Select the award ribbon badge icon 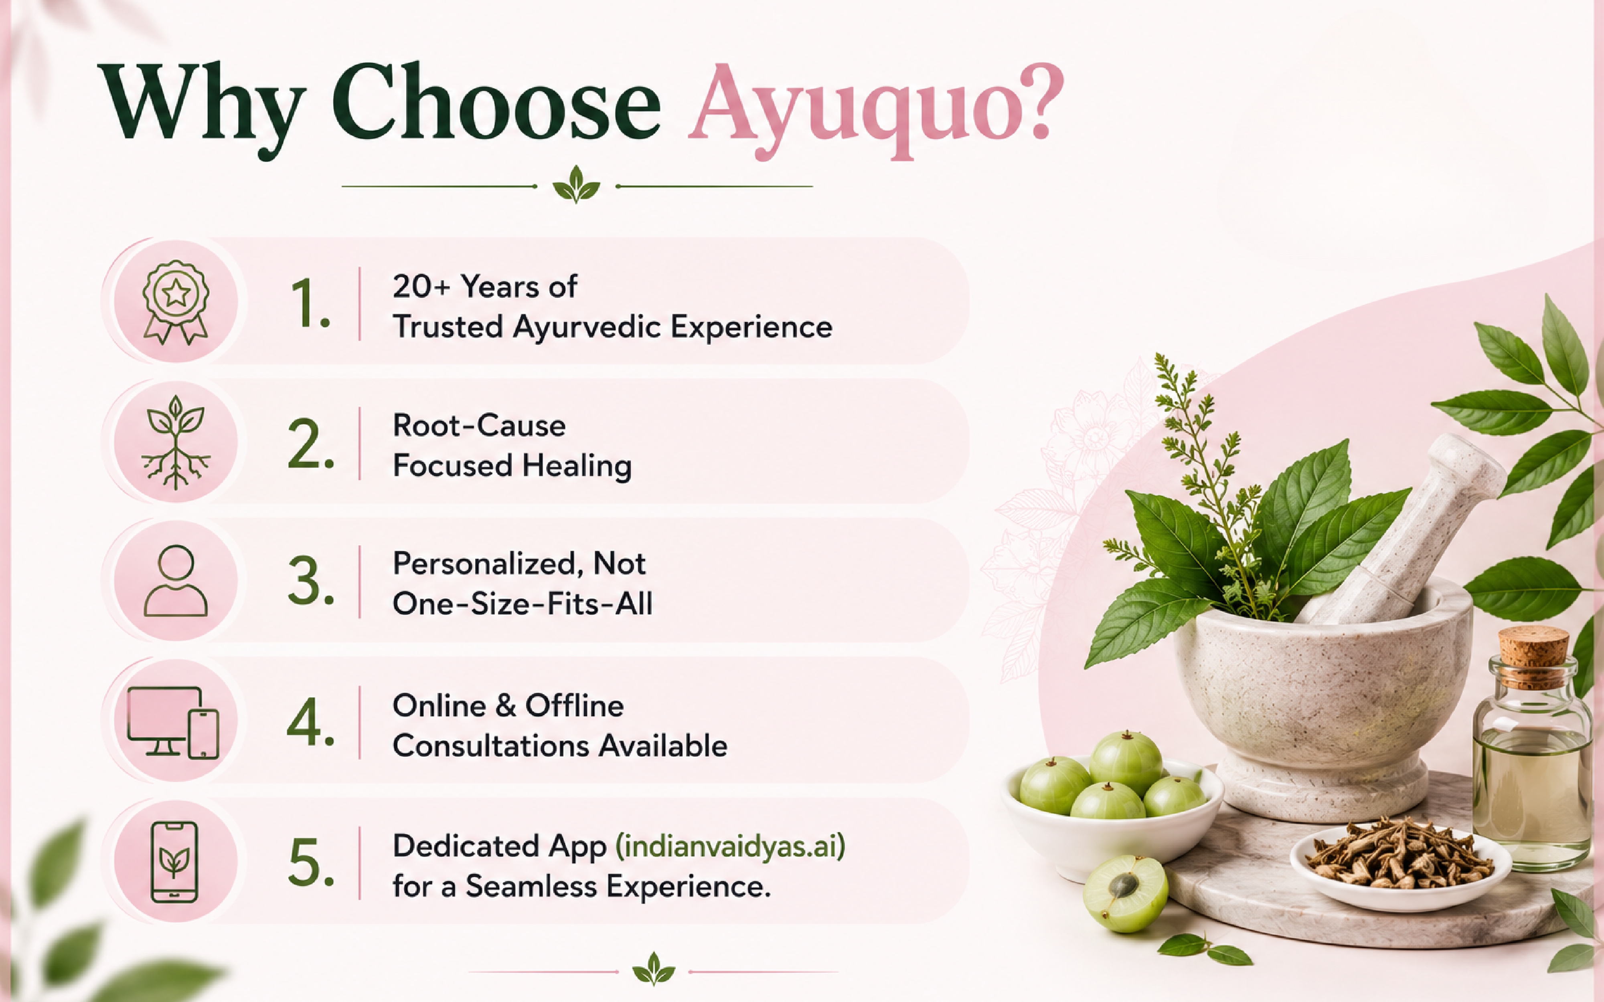(176, 301)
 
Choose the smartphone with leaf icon (174, 861)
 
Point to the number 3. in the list (311, 581)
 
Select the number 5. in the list (311, 862)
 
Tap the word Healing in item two (577, 465)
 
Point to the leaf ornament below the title (576, 185)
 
